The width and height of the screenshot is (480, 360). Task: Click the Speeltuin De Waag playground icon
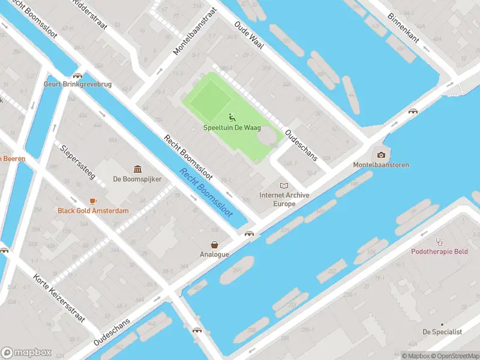pos(232,117)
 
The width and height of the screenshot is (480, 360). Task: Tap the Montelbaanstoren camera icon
pos(380,155)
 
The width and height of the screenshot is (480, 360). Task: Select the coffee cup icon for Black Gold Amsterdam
pos(93,201)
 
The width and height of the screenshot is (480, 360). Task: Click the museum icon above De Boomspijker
pos(137,169)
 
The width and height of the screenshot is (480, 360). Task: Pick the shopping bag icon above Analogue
pos(214,244)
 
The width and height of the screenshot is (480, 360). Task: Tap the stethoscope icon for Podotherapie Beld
pos(439,242)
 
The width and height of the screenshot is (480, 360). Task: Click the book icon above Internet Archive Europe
pos(284,186)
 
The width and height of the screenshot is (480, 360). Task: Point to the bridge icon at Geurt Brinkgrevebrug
pos(77,76)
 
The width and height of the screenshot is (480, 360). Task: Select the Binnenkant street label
pos(407,27)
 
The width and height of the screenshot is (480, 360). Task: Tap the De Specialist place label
pos(442,332)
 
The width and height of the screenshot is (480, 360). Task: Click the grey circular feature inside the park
pos(268,139)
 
